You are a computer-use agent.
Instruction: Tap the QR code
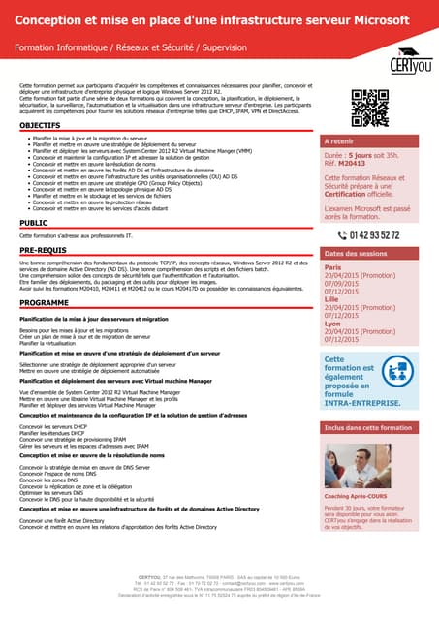tap(369, 108)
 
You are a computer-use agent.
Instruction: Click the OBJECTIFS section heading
tap(40, 126)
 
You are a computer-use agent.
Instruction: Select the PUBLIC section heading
tap(34, 223)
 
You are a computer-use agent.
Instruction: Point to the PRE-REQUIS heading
tap(44, 250)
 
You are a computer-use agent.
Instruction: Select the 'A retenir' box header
tap(342, 140)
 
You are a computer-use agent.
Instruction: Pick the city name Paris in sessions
tap(332, 266)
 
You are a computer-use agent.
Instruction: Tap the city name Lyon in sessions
tap(331, 323)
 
